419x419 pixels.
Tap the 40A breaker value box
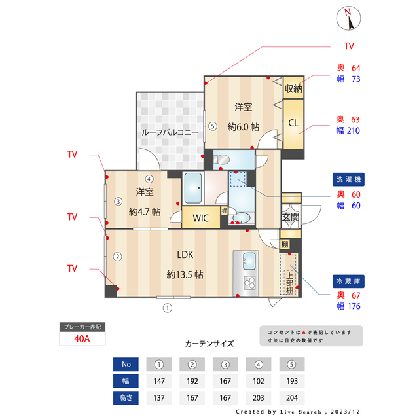coord(82,339)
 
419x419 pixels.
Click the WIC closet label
coord(200,218)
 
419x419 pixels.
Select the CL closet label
coord(293,122)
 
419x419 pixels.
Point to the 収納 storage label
coord(293,88)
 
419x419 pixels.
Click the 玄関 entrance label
coord(290,217)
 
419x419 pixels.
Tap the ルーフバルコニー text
coord(170,132)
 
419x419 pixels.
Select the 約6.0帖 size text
coord(244,126)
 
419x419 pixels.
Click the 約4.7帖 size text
coord(145,211)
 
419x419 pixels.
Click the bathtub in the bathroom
coord(192,189)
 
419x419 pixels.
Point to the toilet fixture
coord(221,158)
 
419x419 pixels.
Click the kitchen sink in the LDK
coord(250,261)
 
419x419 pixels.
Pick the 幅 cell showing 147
coord(158,381)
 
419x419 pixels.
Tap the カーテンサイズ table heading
coord(209,343)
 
